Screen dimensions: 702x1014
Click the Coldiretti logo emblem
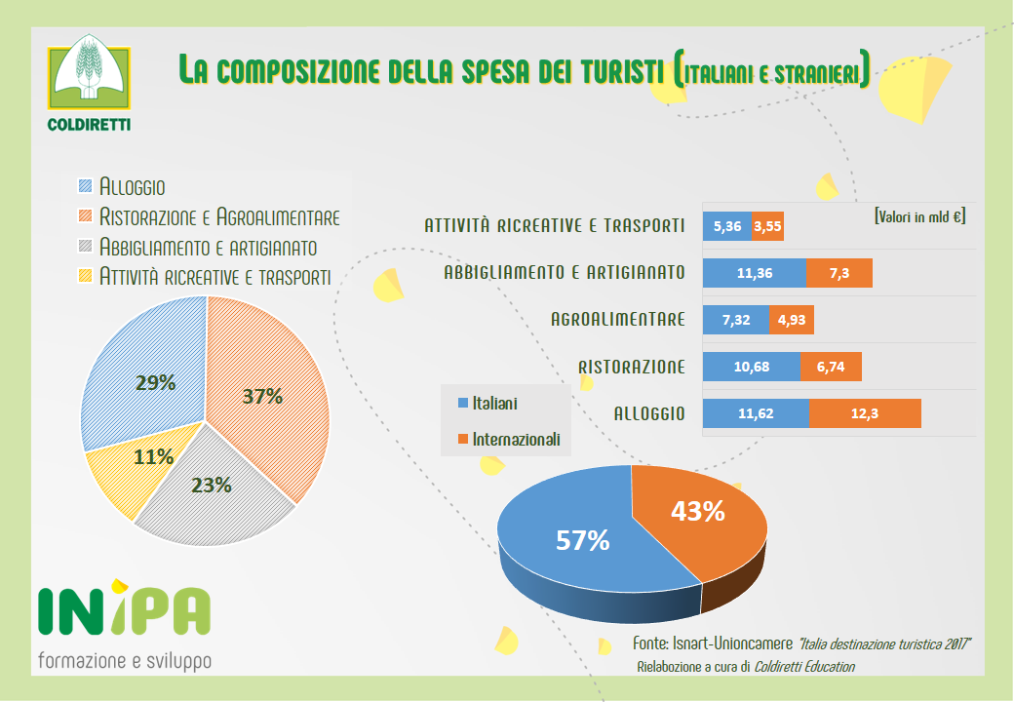(90, 77)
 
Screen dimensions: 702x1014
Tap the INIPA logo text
(123, 611)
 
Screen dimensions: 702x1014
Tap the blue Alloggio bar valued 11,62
(756, 413)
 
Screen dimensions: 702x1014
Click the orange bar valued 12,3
(865, 413)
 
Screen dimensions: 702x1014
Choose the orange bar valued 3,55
(767, 226)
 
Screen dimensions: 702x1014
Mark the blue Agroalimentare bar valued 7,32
(735, 320)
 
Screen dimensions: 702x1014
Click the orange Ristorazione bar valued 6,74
(831, 367)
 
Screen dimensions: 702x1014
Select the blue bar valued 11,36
(755, 273)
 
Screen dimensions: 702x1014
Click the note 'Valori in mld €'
(919, 215)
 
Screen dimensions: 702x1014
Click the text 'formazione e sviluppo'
(124, 660)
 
